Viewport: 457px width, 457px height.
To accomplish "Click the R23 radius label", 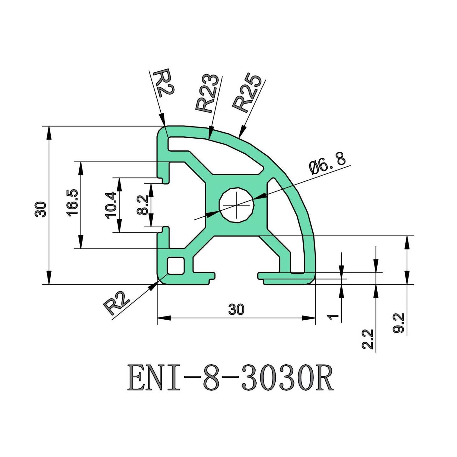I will click(x=208, y=94).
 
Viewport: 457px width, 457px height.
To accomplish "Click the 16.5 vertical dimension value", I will click(x=72, y=203).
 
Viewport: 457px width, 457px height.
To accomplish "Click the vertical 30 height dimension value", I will click(x=41, y=209).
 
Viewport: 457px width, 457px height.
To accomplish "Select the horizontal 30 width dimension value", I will click(x=236, y=309).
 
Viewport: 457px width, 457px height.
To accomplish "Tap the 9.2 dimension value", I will click(x=399, y=323).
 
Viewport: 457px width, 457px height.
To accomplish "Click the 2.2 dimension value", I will click(x=367, y=339).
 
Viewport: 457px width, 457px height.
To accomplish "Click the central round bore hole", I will click(x=236, y=204).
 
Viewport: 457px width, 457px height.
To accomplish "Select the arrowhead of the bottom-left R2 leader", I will click(x=153, y=286).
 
